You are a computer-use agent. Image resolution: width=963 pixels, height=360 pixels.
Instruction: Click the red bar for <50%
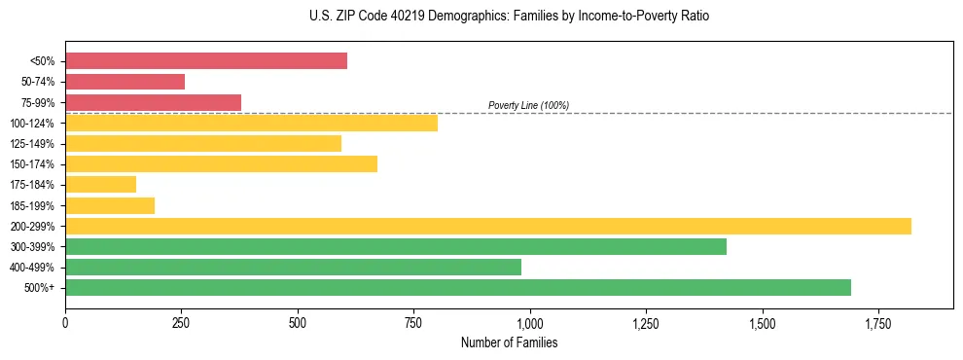[206, 61]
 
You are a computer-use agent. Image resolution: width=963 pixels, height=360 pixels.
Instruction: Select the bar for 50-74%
[125, 82]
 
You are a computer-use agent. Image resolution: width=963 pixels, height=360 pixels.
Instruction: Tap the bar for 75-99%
[153, 102]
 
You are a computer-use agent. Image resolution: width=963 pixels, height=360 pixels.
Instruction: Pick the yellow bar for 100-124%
[251, 123]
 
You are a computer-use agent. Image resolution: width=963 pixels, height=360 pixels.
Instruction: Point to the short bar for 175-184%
[100, 184]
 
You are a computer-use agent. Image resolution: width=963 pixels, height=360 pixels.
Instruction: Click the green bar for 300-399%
[396, 246]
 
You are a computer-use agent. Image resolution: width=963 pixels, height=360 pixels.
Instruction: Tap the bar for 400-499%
[293, 267]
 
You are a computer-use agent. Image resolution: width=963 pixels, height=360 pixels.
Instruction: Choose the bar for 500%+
[458, 287]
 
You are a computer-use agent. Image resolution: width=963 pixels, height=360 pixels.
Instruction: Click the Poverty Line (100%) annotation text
[528, 105]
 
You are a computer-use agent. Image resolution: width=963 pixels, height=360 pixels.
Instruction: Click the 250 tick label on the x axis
[181, 322]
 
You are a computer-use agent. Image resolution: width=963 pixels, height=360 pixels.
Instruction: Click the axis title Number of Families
[509, 342]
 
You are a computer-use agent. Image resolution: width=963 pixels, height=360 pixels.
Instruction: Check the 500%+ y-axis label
[43, 288]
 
